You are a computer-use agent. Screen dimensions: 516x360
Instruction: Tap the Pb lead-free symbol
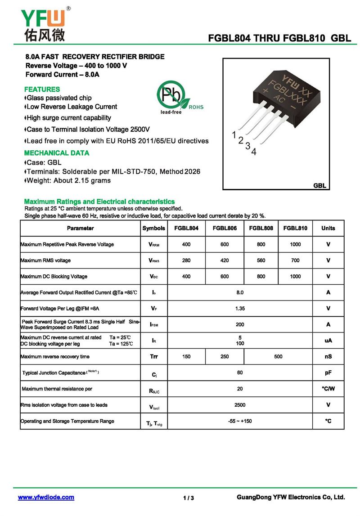[171, 95]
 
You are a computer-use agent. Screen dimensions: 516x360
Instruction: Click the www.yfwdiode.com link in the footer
[46, 497]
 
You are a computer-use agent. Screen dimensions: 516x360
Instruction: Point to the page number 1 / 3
[189, 498]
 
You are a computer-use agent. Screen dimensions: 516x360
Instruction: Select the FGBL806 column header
[225, 228]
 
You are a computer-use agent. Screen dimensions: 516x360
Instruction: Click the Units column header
[328, 228]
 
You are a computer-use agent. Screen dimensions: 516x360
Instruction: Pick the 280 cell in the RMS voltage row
[186, 260]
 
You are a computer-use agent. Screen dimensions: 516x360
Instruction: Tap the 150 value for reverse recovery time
[186, 357]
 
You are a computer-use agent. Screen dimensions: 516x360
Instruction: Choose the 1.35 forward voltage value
[240, 309]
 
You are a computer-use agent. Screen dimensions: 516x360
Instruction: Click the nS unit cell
[328, 357]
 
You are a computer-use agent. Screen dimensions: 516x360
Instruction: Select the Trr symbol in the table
[154, 357]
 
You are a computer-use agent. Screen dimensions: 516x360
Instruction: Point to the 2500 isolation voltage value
[240, 405]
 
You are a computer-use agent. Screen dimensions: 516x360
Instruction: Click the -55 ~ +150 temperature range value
[240, 421]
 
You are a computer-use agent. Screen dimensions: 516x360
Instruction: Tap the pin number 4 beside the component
[254, 152]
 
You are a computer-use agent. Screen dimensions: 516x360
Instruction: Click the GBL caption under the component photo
[319, 186]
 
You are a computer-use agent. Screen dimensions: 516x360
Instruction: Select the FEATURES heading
[42, 89]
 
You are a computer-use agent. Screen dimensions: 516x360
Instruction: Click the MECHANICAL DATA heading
[57, 153]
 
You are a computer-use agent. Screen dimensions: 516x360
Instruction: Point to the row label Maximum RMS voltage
[45, 260]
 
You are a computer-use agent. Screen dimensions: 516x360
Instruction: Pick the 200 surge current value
[240, 324]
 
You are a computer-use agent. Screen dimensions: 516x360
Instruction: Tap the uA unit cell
[328, 341]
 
